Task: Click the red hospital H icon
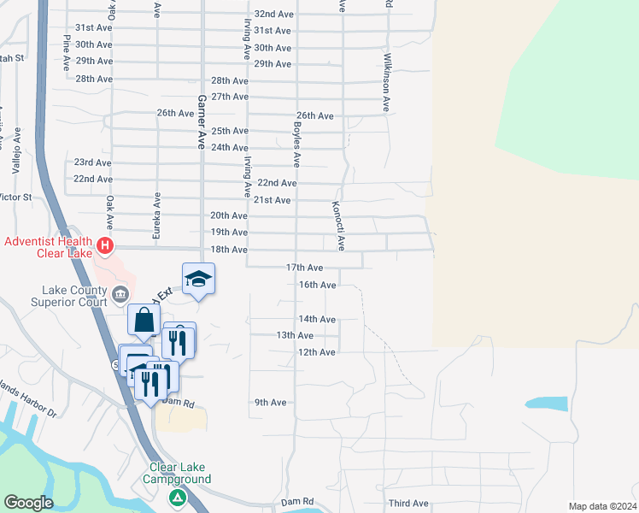105,246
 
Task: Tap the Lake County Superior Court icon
120,295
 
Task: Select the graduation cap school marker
198,279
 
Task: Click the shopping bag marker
144,321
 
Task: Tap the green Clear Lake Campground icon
178,497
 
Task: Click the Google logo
28,503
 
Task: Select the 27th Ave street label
230,97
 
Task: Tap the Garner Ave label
203,122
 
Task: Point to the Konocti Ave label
339,226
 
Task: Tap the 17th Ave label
304,268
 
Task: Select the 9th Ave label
270,402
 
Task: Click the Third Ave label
407,504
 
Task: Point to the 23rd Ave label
92,162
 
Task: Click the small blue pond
546,404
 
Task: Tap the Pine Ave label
66,53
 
